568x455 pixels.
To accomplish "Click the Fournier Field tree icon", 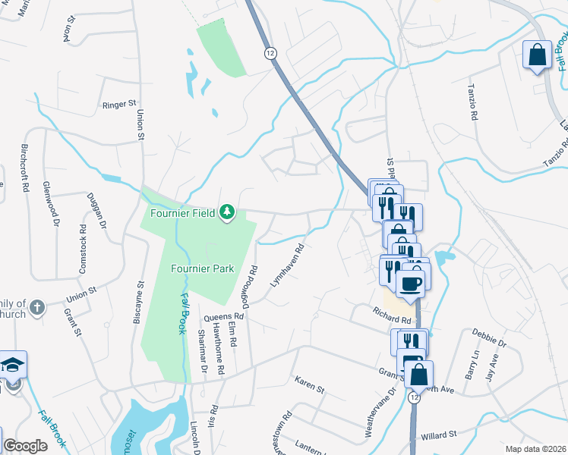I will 226,211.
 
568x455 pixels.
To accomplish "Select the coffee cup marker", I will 411,284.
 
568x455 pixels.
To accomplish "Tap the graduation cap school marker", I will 13,364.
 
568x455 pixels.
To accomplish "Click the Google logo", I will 25,446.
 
